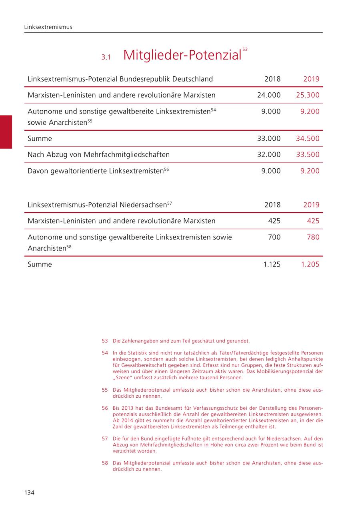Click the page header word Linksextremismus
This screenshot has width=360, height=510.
(x=48, y=27)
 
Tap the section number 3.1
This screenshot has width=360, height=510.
(x=106, y=57)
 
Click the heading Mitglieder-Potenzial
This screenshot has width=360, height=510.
(x=182, y=55)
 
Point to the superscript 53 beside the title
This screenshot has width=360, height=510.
(x=245, y=50)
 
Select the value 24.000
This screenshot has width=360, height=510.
(x=269, y=95)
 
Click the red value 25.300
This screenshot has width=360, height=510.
(x=308, y=95)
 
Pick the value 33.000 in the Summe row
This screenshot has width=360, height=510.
(x=269, y=139)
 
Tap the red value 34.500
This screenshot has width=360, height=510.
(x=308, y=139)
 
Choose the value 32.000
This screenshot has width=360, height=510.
(x=269, y=155)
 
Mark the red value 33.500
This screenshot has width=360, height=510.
(x=308, y=155)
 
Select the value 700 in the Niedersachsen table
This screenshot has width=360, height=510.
(x=274, y=237)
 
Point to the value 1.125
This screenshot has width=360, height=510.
(x=272, y=264)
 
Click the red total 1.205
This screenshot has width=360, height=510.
(x=310, y=264)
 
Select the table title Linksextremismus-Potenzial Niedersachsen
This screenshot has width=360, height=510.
(x=97, y=205)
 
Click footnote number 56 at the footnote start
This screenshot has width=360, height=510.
(x=105, y=408)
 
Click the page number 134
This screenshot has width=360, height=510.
(x=29, y=492)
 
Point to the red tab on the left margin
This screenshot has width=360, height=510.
(x=6, y=132)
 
